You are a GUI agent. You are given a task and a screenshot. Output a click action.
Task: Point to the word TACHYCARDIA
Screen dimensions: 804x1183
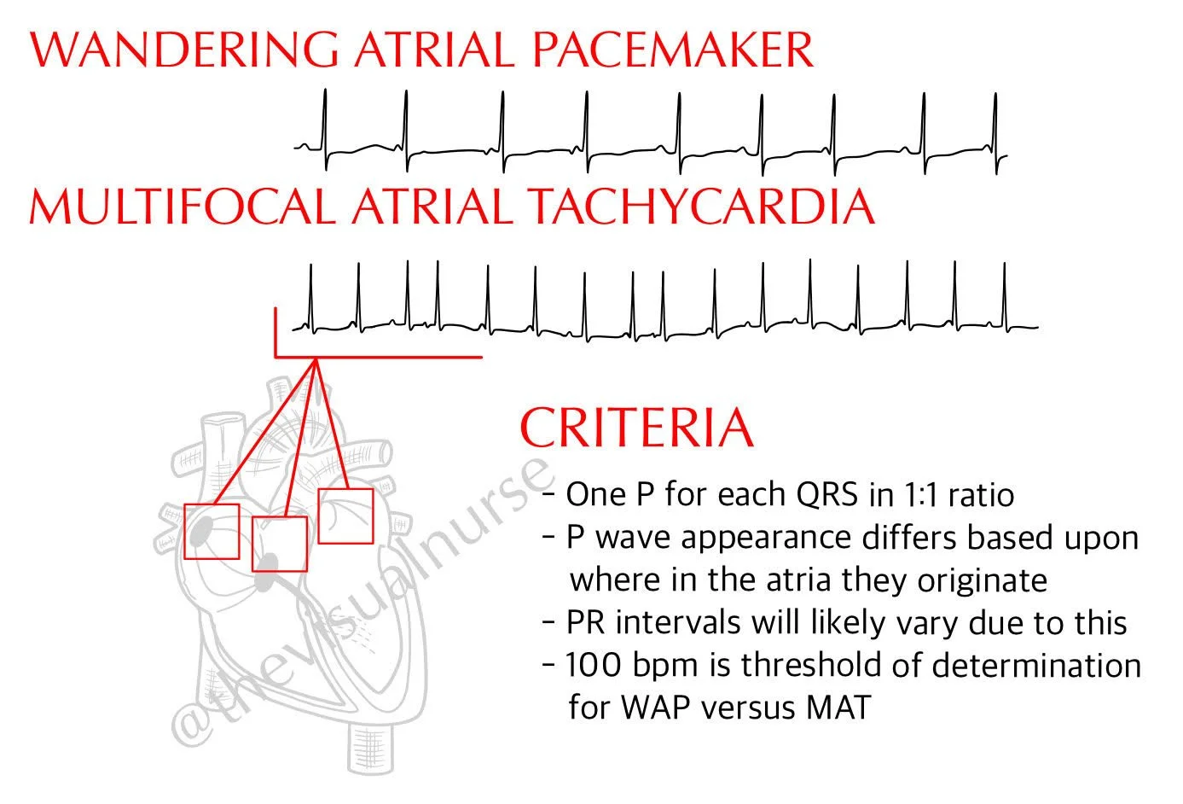pos(700,207)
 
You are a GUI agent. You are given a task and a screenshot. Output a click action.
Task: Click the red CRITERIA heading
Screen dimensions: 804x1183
pos(636,428)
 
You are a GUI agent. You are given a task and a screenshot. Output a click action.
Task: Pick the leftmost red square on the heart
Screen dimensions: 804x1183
pos(212,531)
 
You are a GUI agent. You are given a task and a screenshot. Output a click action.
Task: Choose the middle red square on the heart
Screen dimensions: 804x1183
pos(280,544)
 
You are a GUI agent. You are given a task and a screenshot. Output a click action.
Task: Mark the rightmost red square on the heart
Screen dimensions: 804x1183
pos(345,516)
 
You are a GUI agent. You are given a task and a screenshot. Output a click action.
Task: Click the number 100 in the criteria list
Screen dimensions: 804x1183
pos(592,665)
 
